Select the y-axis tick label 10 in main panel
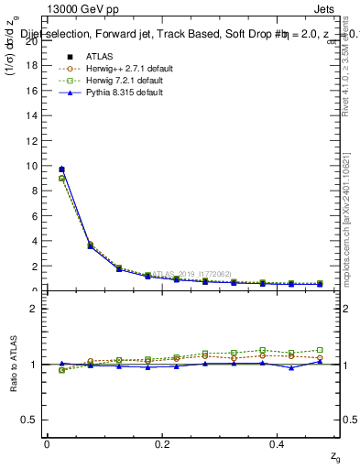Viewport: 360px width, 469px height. pos(31,167)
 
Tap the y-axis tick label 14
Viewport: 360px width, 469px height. pos(31,116)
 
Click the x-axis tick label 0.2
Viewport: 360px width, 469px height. pos(162,443)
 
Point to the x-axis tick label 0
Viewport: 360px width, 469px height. pos(48,443)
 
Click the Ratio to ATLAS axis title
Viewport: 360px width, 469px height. pos(13,364)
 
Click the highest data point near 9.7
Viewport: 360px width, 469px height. pos(61,169)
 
